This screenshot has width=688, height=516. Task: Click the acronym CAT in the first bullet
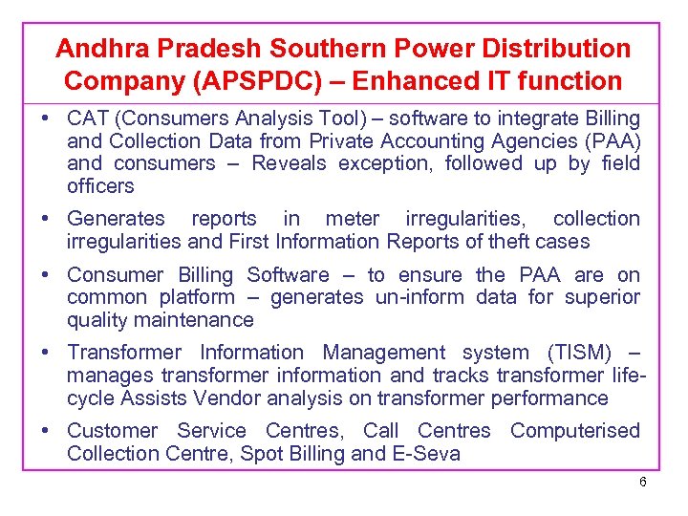pyautogui.click(x=87, y=118)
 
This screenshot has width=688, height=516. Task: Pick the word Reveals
pyautogui.click(x=289, y=163)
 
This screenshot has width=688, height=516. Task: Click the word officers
pyautogui.click(x=100, y=185)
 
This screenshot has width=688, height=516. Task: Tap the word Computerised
pyautogui.click(x=574, y=431)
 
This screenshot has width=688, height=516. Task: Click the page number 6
pyautogui.click(x=643, y=482)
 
